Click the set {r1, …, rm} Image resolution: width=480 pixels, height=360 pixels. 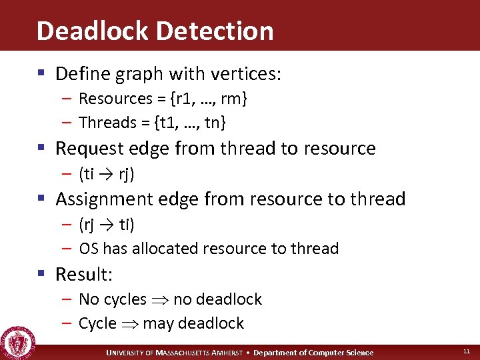pyautogui.click(x=209, y=99)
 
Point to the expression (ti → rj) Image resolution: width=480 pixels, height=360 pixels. pyautogui.click(x=107, y=174)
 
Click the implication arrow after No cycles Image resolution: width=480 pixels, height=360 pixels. pyautogui.click(x=159, y=300)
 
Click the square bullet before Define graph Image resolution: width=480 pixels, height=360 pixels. pyautogui.click(x=43, y=73)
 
